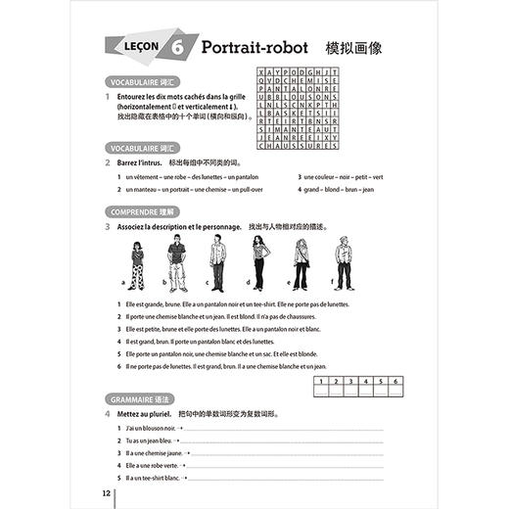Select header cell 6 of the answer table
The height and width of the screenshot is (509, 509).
tap(394, 380)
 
